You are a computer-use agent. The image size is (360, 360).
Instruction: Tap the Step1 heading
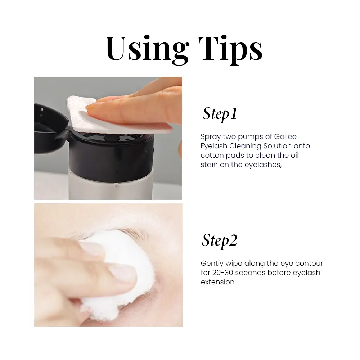(x=220, y=114)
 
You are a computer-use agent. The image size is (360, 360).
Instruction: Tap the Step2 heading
(x=220, y=241)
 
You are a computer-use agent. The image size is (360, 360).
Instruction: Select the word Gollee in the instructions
(x=285, y=136)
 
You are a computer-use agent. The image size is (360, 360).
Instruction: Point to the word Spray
(x=211, y=137)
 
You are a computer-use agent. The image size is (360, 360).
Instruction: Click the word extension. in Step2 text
(x=219, y=282)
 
